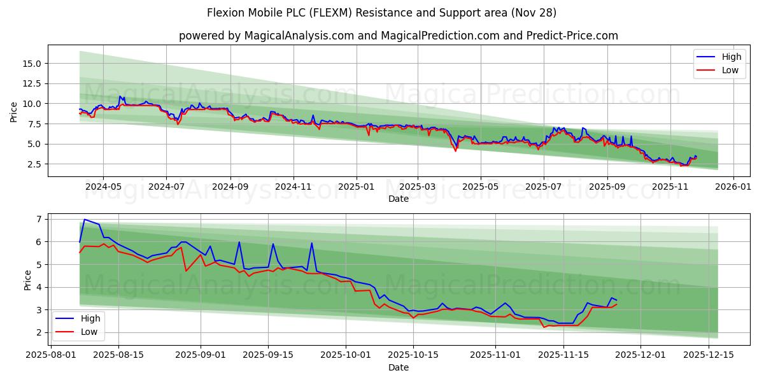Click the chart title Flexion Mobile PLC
(382, 13)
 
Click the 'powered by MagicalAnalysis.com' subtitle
(398, 36)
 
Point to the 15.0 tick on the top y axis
(32, 64)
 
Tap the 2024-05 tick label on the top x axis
(103, 187)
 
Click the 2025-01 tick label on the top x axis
(356, 187)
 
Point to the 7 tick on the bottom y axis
(39, 219)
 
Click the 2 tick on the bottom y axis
(39, 332)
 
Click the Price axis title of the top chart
(14, 111)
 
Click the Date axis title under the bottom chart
(398, 367)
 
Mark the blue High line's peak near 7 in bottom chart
(84, 219)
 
